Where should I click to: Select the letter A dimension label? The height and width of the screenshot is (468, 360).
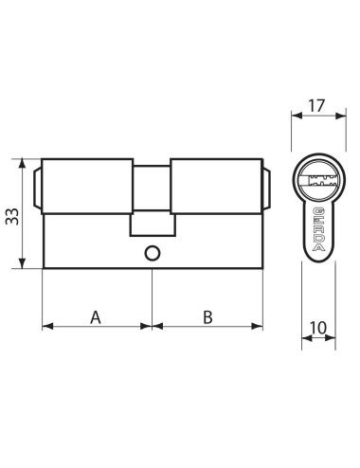[x=96, y=316]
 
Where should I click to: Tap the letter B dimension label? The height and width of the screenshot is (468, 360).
[x=207, y=316]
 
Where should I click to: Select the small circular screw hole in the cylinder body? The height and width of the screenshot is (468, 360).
[x=151, y=253]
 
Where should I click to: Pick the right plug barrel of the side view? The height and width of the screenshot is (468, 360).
[x=216, y=184]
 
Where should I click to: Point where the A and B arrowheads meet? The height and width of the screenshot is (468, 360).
[x=152, y=327]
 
